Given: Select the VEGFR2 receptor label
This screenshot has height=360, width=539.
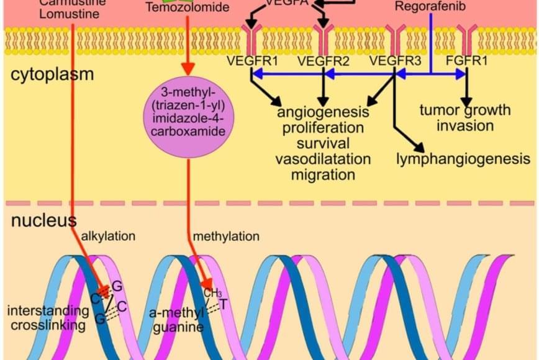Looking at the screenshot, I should click(324, 61).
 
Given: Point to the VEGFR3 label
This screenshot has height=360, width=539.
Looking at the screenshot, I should click(395, 61).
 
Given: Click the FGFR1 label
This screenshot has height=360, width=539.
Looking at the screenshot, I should click(468, 61).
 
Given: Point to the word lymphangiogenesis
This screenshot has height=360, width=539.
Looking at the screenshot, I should click(463, 159).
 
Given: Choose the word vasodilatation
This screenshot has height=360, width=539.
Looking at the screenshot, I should click(323, 158).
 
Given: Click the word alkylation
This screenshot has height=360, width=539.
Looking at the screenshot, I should click(108, 236).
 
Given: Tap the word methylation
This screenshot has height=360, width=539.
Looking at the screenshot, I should click(226, 236).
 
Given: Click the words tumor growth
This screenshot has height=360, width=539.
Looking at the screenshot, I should click(465, 110).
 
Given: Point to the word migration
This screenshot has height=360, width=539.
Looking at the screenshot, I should click(323, 174).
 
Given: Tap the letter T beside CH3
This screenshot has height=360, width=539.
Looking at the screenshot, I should click(223, 304).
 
